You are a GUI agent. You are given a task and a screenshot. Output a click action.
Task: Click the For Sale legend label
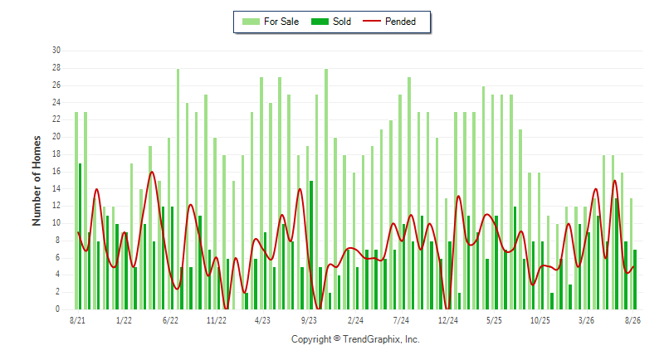tap(281, 22)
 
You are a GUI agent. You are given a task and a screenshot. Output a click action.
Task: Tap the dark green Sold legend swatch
tap(320, 22)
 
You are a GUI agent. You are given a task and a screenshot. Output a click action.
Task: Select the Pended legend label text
tap(400, 22)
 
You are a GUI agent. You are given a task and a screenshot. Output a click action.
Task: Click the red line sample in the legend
tap(372, 21)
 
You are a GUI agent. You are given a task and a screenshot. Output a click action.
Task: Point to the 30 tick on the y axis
tap(56, 51)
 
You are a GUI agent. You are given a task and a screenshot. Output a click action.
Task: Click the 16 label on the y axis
tap(56, 172)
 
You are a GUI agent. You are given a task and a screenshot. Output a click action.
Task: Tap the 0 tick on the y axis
tap(57, 309)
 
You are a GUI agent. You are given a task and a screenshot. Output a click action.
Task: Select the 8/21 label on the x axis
tap(77, 320)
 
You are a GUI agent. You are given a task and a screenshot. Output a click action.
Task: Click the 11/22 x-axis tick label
tap(217, 320)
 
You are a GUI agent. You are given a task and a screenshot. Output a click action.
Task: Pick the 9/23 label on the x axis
tap(309, 320)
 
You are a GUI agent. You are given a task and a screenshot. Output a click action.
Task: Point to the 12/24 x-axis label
tap(448, 320)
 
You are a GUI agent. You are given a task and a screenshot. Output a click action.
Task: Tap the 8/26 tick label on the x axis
tap(632, 320)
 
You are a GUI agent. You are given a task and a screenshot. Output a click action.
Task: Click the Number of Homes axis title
tap(37, 181)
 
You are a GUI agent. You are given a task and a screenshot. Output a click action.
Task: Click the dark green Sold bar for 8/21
tap(80, 236)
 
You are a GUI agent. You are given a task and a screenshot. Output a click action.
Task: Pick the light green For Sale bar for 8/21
tap(76, 211)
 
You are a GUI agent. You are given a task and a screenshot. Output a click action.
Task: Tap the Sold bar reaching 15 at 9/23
tap(311, 245)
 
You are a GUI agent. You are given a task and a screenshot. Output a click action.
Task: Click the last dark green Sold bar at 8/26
tap(635, 280)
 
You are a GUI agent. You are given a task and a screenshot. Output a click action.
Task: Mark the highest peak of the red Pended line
tap(152, 172)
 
